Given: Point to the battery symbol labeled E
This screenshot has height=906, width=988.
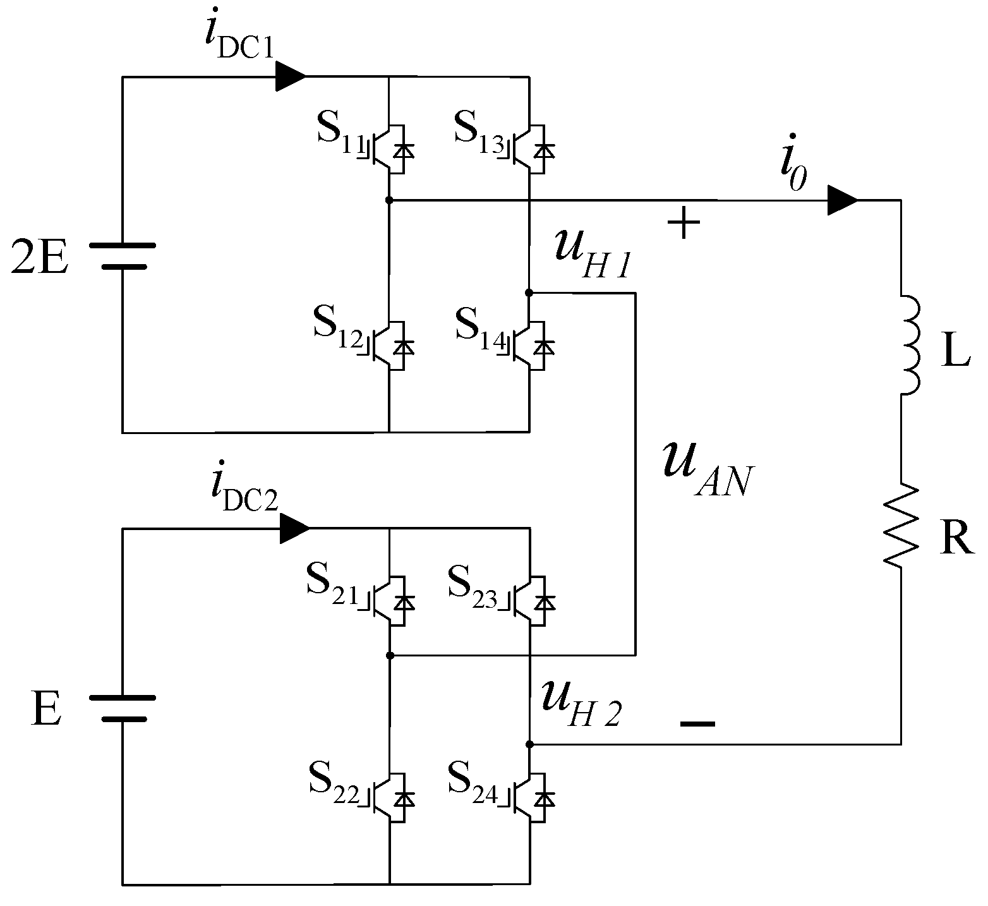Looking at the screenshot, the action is point(123,708).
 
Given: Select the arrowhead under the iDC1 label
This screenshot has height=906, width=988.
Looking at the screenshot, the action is point(291,76).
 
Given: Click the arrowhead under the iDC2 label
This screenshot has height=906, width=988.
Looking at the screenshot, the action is point(293,528).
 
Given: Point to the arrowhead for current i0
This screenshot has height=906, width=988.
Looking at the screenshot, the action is point(843,200).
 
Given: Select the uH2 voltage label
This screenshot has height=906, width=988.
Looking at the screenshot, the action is point(581,706).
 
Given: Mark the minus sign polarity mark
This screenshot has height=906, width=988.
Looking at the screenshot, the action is point(697,724).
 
